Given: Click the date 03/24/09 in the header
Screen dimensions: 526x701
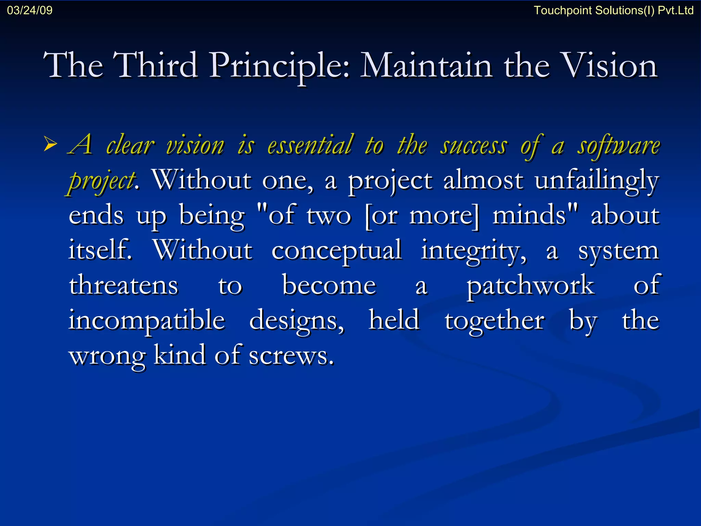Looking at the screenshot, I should [30, 10].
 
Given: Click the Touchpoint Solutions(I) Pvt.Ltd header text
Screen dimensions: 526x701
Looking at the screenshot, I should [613, 10].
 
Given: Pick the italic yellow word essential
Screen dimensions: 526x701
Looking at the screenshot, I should [310, 145].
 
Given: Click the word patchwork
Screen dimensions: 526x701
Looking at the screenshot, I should [531, 286].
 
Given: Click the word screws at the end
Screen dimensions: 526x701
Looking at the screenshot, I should [291, 356].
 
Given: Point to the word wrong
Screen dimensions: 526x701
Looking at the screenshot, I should [107, 356].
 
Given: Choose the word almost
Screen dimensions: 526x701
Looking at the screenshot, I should [483, 180].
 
